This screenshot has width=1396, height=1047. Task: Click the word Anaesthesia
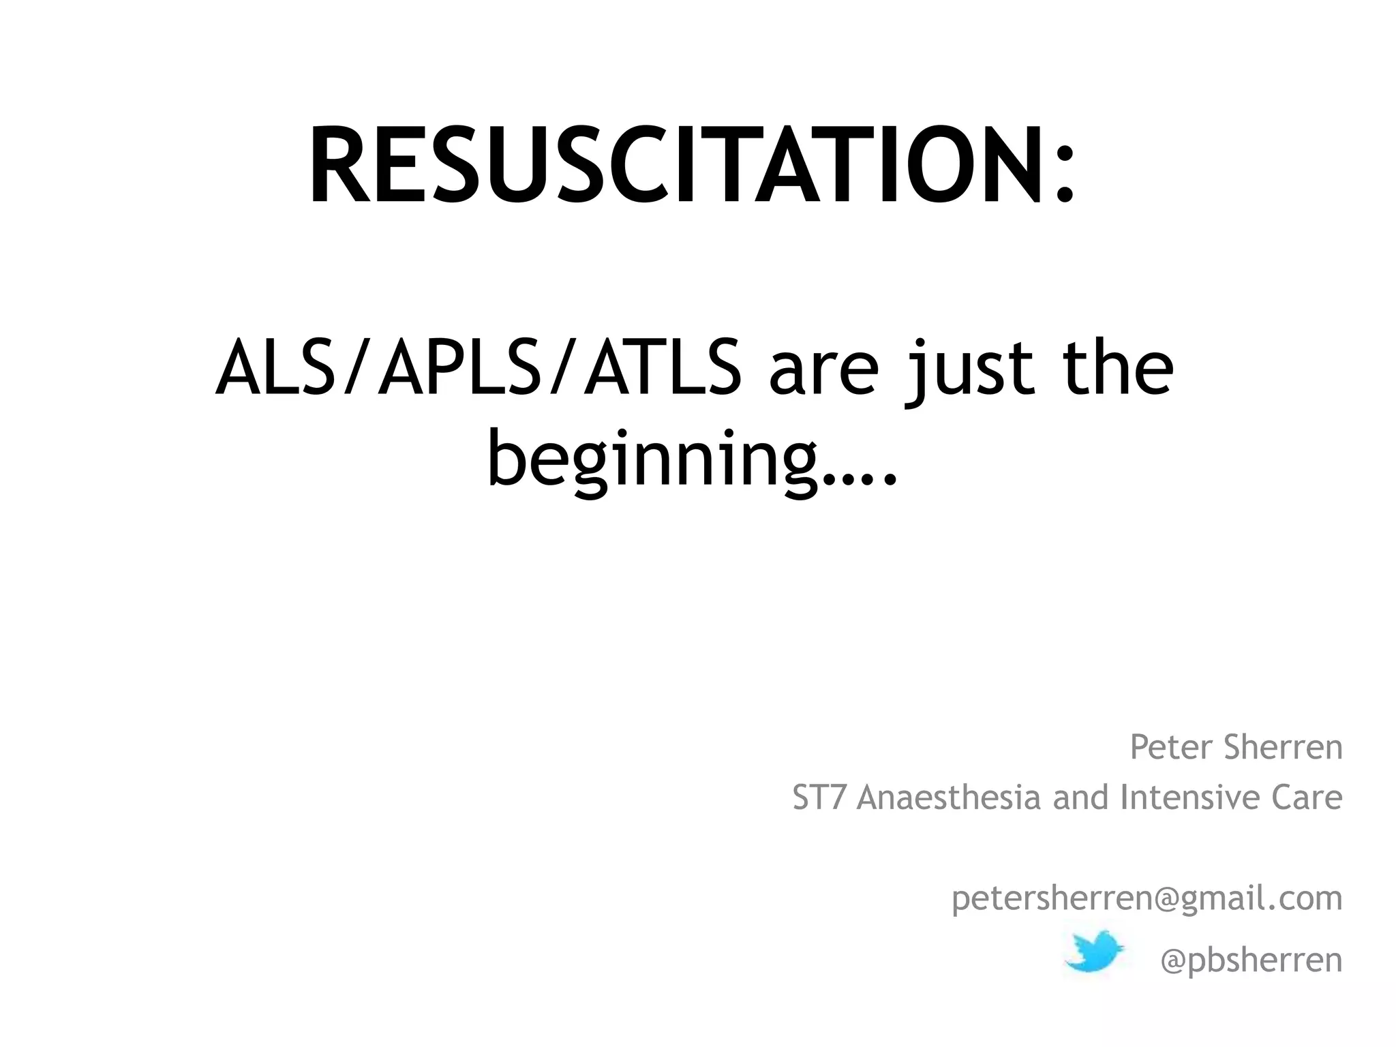tap(949, 798)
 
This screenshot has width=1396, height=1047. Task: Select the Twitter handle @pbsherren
tap(1251, 960)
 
